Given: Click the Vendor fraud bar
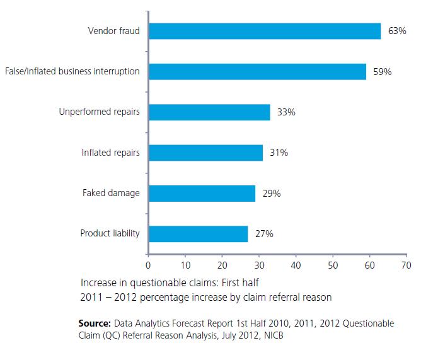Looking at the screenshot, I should (265, 31).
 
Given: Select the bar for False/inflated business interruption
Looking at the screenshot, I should (257, 71).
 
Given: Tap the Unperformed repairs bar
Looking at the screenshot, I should (209, 112).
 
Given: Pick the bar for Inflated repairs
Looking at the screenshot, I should (205, 153).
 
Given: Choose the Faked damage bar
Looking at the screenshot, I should (202, 193).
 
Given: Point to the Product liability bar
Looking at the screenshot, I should (198, 234).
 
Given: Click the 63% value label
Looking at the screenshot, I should (397, 31).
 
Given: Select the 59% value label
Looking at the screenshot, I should (382, 72).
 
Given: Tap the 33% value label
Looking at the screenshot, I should (286, 112).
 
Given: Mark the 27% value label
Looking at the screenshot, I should (264, 234).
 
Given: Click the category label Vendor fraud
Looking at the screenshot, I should (114, 30).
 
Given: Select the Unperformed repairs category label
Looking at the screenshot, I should (100, 112).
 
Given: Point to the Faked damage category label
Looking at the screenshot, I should (111, 193).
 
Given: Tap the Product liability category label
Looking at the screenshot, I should (110, 233).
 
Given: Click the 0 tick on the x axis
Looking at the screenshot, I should (148, 265).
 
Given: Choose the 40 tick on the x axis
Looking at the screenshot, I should (296, 265).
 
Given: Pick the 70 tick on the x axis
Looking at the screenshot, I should (406, 265).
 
